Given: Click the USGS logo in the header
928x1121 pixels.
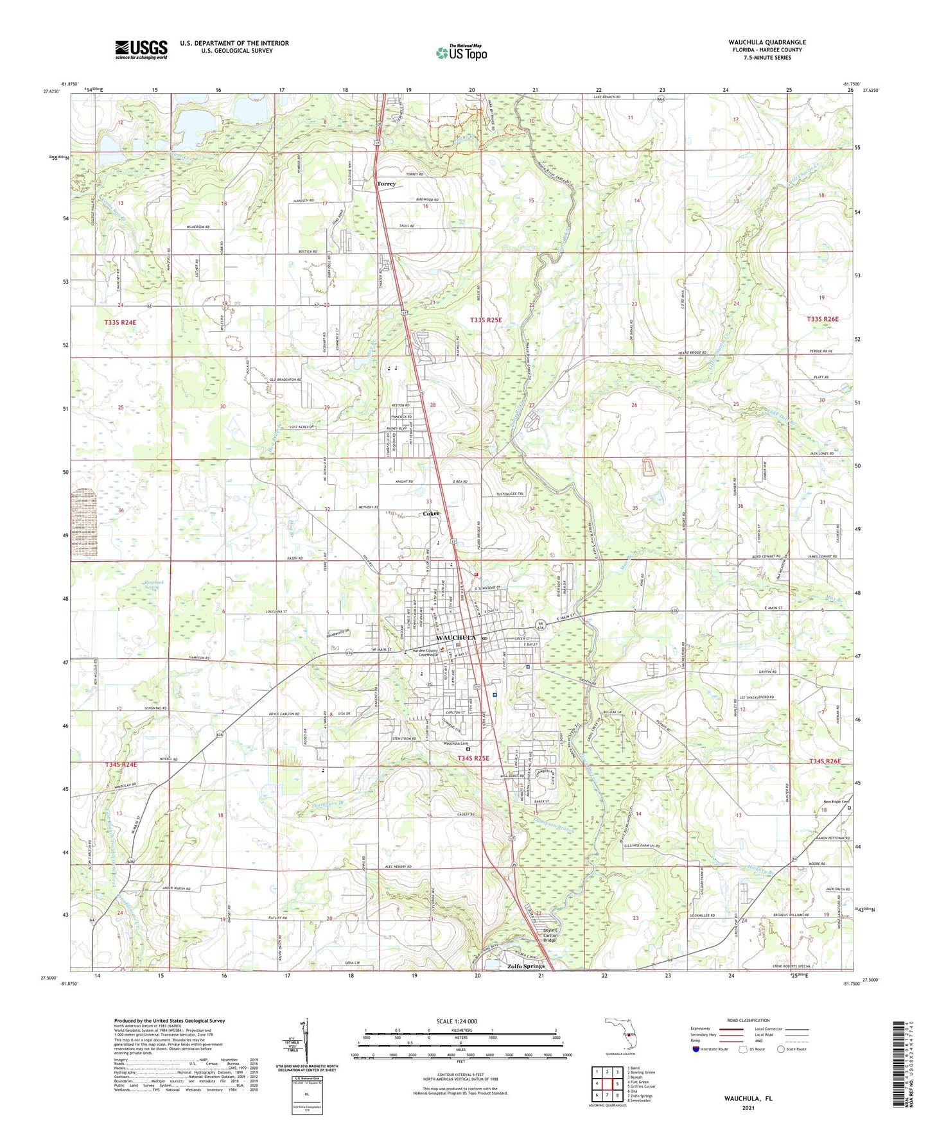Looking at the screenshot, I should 141,49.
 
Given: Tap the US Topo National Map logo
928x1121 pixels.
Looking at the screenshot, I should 461,52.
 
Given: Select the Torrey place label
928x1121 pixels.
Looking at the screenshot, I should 386,184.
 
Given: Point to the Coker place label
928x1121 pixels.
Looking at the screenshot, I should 431,514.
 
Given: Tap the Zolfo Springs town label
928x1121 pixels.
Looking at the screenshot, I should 525,966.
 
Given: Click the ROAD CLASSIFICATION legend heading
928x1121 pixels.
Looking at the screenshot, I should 748,1020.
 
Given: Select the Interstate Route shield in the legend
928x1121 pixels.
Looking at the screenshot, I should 697,1050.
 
